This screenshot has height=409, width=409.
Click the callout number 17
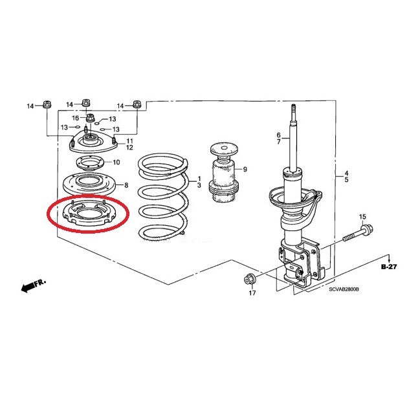point(252,293)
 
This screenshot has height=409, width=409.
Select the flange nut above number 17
point(249,280)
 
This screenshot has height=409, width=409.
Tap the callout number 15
point(362,217)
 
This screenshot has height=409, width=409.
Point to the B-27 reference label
point(389,267)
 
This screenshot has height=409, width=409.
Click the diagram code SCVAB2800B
point(344,289)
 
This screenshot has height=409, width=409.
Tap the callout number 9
point(245,170)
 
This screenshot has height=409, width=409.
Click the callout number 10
point(116,162)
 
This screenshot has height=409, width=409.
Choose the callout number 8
point(126,185)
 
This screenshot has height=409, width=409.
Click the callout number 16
point(75,118)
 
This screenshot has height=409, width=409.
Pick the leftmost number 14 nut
point(47,104)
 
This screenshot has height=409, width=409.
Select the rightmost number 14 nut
point(137,104)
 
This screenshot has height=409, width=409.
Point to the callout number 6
point(278,135)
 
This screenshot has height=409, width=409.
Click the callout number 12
point(129,148)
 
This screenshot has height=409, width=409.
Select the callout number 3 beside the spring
point(199,186)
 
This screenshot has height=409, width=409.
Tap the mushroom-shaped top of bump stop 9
point(224,149)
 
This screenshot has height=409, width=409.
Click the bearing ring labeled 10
point(90,164)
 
